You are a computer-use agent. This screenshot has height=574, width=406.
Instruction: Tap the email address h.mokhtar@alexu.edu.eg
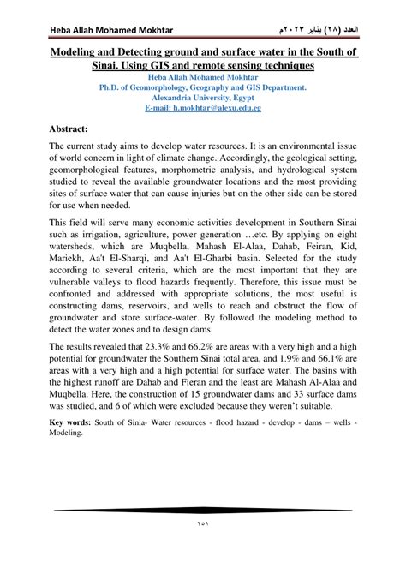click(203, 110)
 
